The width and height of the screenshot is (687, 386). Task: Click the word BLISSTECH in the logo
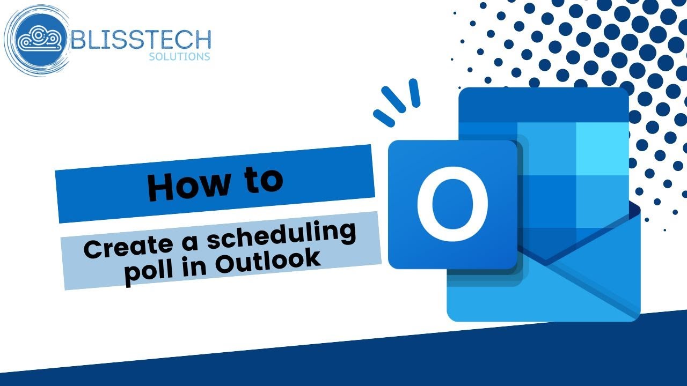coord(141,39)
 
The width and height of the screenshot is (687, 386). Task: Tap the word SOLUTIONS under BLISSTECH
coord(179,56)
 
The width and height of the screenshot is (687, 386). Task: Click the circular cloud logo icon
coord(38,39)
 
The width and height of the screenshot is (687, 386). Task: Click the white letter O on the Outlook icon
coord(452,204)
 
